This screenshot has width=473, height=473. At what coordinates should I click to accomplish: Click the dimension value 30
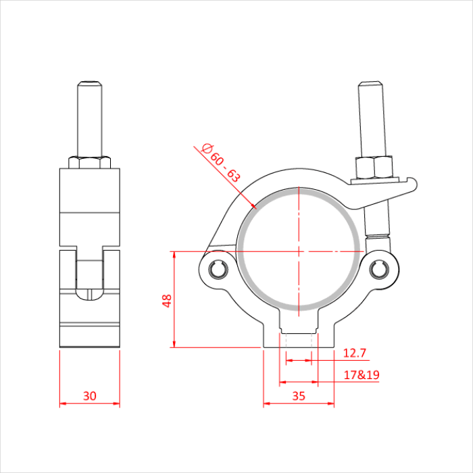point(89,396)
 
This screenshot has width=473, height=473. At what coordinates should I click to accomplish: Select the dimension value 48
point(166,300)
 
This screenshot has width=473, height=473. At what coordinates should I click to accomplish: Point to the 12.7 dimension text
point(354,353)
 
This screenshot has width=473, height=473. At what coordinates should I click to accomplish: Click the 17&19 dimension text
point(361,374)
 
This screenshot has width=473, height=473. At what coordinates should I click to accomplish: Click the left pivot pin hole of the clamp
point(218,268)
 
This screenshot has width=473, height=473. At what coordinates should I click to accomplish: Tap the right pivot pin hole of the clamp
point(379,268)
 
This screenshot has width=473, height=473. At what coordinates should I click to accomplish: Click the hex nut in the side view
point(89,162)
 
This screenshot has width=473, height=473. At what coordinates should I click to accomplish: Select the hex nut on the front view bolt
point(373,166)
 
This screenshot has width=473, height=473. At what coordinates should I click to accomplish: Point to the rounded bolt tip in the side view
point(89,84)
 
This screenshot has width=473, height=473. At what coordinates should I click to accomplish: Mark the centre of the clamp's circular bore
point(298,251)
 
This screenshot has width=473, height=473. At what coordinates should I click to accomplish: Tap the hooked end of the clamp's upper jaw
point(414,182)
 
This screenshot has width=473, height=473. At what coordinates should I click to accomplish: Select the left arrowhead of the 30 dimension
point(62,404)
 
